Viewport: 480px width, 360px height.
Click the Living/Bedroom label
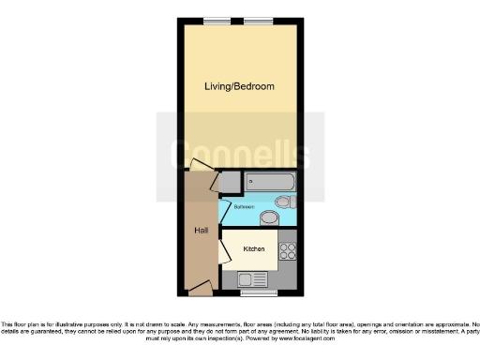pyautogui.click(x=239, y=86)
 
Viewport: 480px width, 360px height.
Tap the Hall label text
pyautogui.click(x=201, y=231)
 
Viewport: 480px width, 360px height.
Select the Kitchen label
pyautogui.click(x=254, y=249)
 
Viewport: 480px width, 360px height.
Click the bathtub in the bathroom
pyautogui.click(x=270, y=181)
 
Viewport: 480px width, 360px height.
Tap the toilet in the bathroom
pyautogui.click(x=284, y=202)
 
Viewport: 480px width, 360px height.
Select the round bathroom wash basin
pyautogui.click(x=268, y=218)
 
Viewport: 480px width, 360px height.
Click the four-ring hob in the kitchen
pyautogui.click(x=288, y=251)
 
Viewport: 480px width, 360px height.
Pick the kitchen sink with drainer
pyautogui.click(x=254, y=278)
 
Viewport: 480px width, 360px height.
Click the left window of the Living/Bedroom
pyautogui.click(x=217, y=21)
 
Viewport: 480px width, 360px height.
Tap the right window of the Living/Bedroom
pyautogui.click(x=260, y=21)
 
